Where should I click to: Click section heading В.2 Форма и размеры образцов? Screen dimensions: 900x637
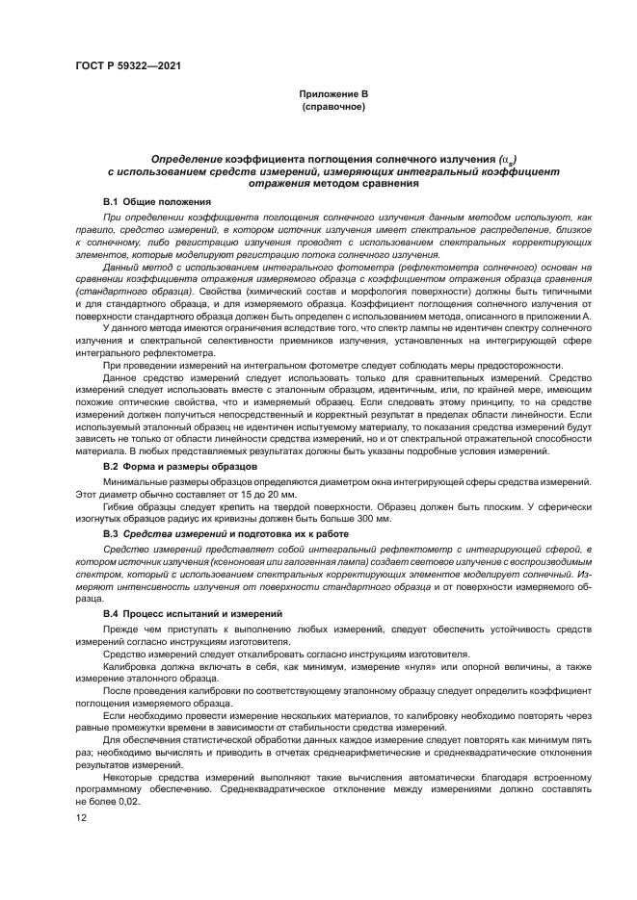179,465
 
